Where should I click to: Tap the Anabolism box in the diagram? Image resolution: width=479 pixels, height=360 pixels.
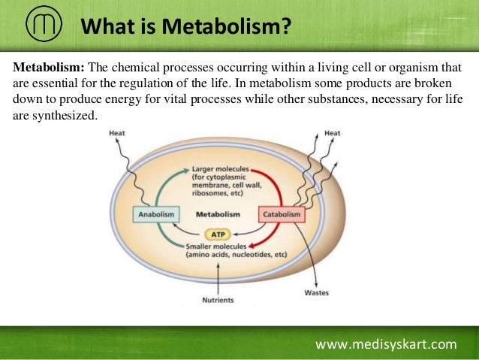click(x=156, y=214)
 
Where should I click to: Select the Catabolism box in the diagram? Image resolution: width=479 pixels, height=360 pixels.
click(x=282, y=214)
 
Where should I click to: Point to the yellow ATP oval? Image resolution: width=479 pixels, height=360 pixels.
click(x=217, y=233)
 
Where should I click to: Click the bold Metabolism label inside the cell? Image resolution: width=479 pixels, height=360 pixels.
click(x=218, y=214)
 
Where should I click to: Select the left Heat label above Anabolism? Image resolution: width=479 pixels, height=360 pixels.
click(x=117, y=133)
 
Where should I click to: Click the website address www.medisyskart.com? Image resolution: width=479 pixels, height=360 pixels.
click(x=386, y=344)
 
